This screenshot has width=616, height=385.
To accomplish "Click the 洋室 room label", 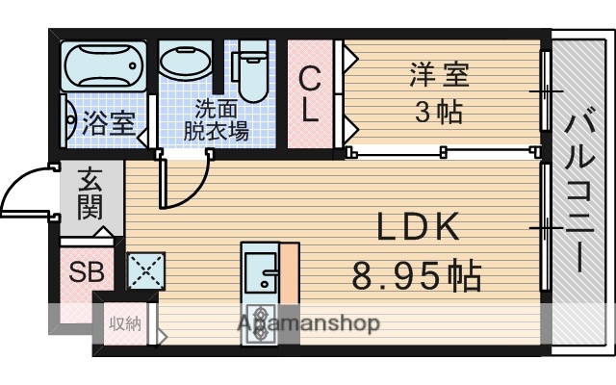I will (439, 74).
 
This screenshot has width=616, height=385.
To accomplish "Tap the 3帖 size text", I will (439, 112).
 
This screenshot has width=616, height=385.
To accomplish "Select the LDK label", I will (417, 229).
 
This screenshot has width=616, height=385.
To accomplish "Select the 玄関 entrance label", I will (90, 192).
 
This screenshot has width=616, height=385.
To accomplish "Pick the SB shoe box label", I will (84, 272).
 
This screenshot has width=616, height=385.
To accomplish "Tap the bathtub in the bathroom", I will (103, 65).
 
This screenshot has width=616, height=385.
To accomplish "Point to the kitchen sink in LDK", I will (260, 269).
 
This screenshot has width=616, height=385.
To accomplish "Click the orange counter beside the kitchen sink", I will (289, 274).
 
